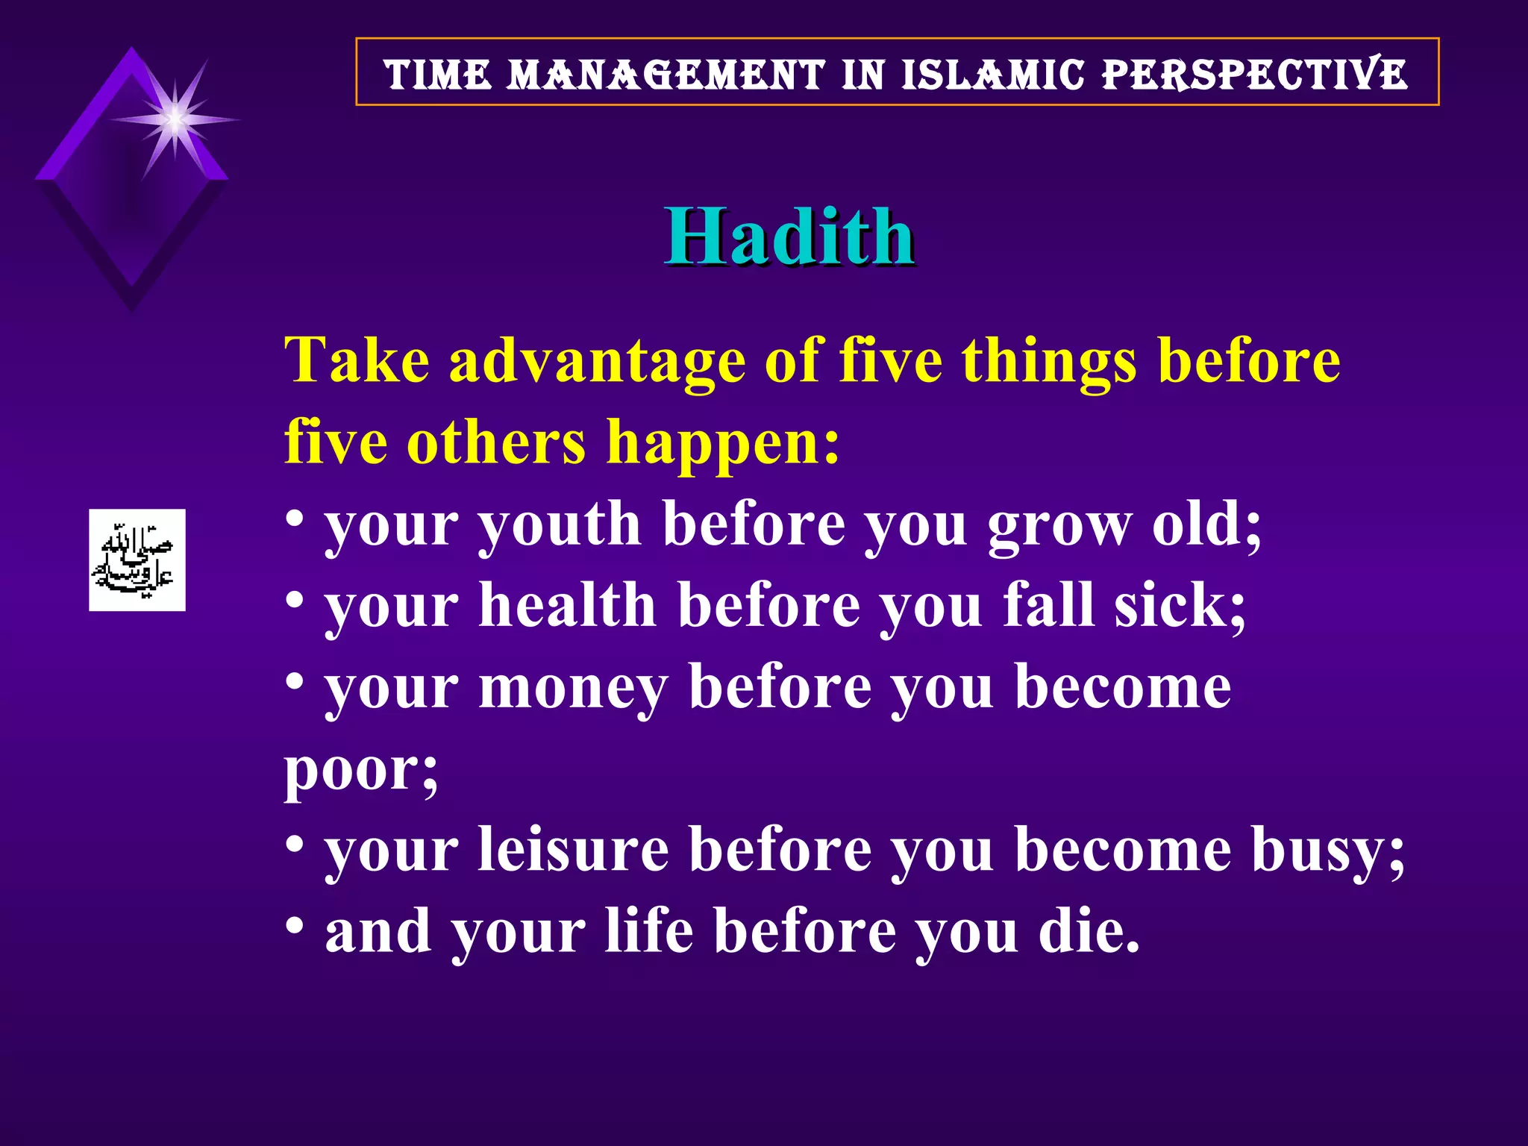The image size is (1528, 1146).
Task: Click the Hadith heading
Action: [789, 237]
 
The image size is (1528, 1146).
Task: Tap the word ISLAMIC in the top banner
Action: [992, 75]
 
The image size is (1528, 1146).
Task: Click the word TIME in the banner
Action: [438, 75]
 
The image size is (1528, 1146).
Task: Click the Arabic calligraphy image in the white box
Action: [137, 560]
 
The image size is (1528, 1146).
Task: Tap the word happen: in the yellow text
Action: [723, 442]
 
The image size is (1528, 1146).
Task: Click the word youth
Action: [560, 525]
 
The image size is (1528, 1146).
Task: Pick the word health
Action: [567, 605]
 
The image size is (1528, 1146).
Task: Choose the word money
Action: [573, 687]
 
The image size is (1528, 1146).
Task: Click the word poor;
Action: [361, 770]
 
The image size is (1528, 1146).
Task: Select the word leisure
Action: [573, 850]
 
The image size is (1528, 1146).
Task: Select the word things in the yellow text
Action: [1049, 362]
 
